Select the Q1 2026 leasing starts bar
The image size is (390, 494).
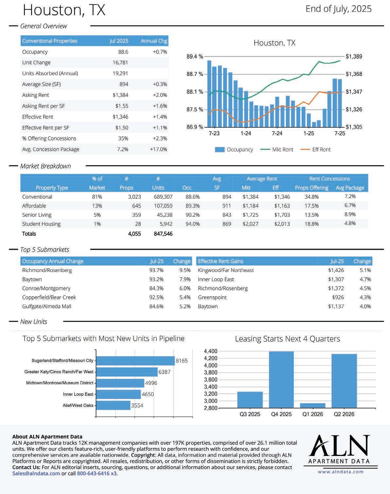click(x=312, y=405)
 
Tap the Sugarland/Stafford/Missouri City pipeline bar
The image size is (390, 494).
click(x=135, y=361)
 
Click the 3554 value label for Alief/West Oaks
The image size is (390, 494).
click(x=137, y=405)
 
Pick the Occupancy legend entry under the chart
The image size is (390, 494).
click(x=234, y=150)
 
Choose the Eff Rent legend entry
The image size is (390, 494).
click(x=315, y=150)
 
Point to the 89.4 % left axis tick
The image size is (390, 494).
click(x=194, y=57)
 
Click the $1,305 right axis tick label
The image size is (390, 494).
click(x=354, y=127)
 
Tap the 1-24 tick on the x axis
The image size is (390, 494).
click(x=245, y=133)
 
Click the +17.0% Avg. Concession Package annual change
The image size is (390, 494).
click(x=158, y=149)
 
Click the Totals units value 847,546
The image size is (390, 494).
click(x=163, y=234)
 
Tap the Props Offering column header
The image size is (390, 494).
click(x=311, y=188)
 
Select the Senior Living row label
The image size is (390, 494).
click(x=37, y=215)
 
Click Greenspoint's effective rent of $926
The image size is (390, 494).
click(x=338, y=297)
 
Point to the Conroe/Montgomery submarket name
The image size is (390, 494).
click(x=46, y=288)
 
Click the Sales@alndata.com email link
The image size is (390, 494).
click(x=36, y=473)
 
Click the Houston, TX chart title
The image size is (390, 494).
click(x=274, y=43)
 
